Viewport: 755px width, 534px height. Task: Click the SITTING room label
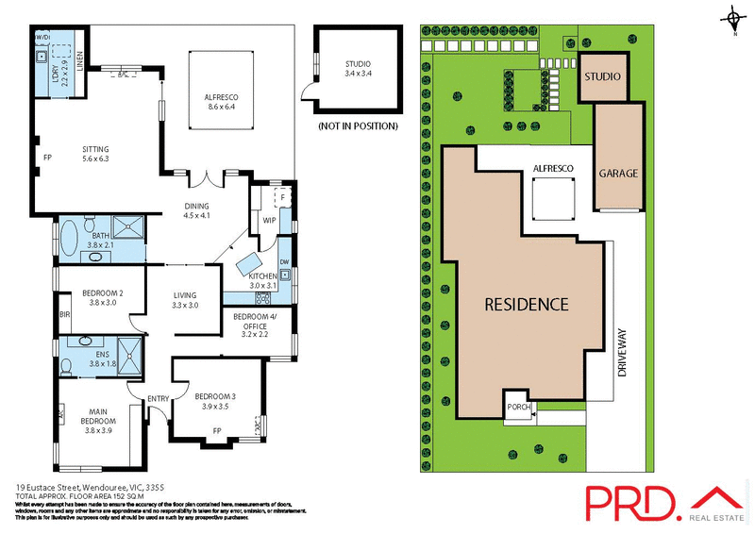(96, 154)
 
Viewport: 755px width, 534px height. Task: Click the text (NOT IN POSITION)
(358, 125)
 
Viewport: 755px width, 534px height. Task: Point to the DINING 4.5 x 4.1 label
(196, 211)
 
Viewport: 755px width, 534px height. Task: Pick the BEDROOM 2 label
(103, 297)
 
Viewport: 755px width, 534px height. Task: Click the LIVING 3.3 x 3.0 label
(185, 300)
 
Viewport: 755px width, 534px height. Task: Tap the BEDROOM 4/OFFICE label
(256, 324)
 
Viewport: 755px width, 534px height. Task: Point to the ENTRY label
(157, 399)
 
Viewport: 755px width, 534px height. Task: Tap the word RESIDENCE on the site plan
(527, 305)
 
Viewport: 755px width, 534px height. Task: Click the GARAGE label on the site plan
(618, 174)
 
